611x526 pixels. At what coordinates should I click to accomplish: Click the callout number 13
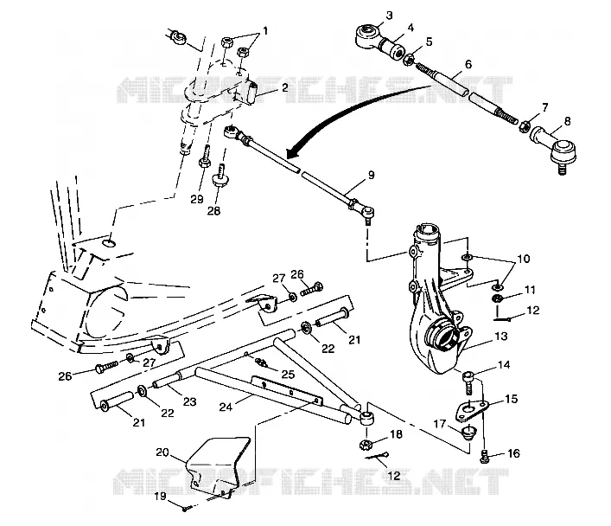point(501,336)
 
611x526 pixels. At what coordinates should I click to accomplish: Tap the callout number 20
point(162,452)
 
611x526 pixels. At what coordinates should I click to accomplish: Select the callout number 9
point(371,176)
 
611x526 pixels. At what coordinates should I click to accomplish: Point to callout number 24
point(226,407)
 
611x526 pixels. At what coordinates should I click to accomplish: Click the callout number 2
point(285,87)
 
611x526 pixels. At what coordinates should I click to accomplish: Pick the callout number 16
point(513,453)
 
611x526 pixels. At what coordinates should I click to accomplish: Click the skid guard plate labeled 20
point(217,466)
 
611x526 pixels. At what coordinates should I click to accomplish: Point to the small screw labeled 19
point(187,508)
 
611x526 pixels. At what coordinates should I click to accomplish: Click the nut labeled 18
point(366,444)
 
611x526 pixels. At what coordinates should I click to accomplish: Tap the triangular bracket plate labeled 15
point(472,411)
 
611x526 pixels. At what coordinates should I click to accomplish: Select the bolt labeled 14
point(468,382)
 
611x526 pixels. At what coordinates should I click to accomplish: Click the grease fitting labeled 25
point(262,362)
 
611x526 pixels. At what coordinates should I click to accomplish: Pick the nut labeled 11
point(496,299)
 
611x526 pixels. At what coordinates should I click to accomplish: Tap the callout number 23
point(190,401)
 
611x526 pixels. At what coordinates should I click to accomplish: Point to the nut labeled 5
point(408,60)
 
